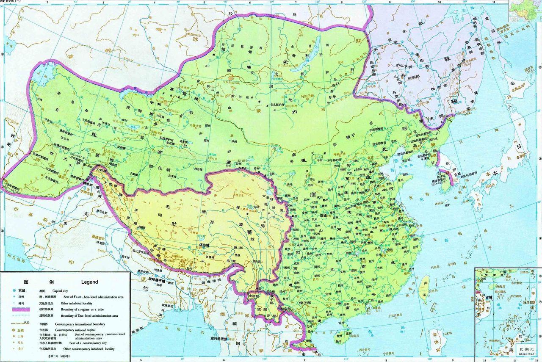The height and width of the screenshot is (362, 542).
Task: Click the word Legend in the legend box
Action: [x=89, y=282]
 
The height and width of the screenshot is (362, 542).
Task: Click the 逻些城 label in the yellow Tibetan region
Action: [x=192, y=245]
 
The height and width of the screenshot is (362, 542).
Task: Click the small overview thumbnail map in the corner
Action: [x=525, y=11]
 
